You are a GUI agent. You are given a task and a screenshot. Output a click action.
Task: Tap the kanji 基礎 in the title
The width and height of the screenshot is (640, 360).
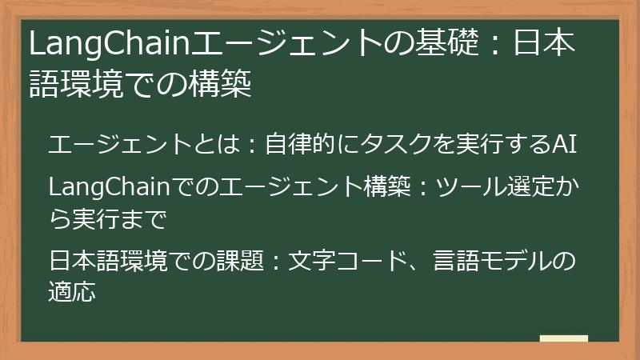pos(447,42)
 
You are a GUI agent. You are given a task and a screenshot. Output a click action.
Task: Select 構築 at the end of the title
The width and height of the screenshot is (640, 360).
pos(220,83)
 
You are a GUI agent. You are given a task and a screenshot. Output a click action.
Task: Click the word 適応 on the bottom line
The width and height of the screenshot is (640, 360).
pos(72,291)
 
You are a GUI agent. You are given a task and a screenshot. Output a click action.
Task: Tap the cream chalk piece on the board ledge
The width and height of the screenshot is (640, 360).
pos(564,338)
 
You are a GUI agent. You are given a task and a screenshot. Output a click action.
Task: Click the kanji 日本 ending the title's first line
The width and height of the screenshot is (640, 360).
pos(544,42)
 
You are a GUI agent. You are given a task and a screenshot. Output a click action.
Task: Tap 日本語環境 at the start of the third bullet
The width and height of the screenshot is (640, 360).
pos(108,260)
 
